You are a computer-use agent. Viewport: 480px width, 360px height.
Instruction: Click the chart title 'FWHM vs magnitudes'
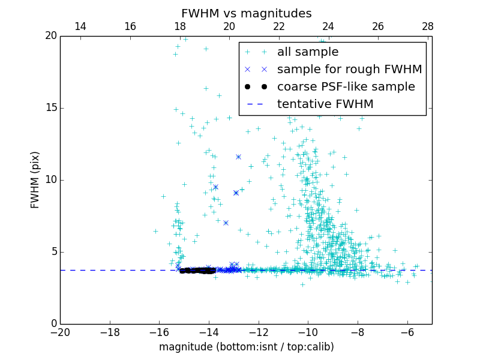click(x=246, y=13)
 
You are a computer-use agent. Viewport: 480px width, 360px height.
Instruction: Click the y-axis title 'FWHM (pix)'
click(x=35, y=179)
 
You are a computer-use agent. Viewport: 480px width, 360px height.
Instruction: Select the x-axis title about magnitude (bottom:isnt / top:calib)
click(x=246, y=347)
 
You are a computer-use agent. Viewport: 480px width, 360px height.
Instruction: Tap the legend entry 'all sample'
click(x=307, y=52)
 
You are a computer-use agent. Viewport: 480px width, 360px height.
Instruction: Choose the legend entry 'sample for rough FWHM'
click(x=349, y=70)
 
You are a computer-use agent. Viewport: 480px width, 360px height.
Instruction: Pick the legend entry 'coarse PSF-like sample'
click(x=346, y=87)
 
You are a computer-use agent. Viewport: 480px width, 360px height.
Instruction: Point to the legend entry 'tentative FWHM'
click(x=325, y=104)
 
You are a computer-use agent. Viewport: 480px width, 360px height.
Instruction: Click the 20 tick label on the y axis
click(x=50, y=36)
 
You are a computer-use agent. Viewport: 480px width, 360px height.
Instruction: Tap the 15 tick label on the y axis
click(x=50, y=108)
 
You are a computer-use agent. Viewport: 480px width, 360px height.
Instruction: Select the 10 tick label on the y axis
click(x=50, y=180)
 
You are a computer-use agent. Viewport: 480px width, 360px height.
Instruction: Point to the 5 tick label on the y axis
click(x=53, y=252)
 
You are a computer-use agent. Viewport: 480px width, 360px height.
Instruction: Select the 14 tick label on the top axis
click(x=80, y=26)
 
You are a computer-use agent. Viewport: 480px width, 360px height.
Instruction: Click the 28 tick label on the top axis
click(x=427, y=26)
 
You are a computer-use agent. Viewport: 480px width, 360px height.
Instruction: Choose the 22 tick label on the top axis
click(x=278, y=26)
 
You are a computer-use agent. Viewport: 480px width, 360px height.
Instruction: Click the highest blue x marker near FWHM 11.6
click(x=238, y=157)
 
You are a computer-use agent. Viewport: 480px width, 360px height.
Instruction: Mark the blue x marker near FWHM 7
click(x=226, y=223)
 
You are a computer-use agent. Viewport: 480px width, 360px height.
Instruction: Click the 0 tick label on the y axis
click(x=53, y=324)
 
